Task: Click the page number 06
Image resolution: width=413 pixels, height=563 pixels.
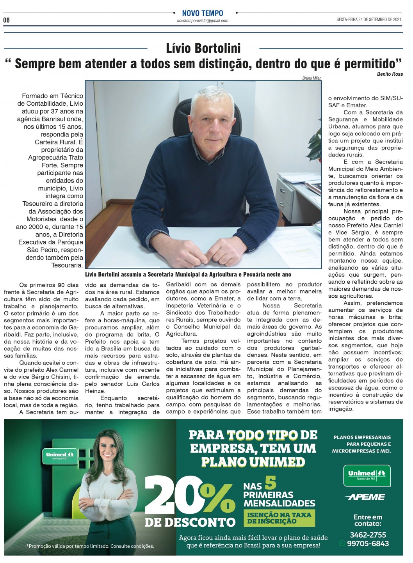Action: click(x=6, y=20)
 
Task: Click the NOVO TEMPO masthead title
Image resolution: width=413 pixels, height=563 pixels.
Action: click(x=203, y=13)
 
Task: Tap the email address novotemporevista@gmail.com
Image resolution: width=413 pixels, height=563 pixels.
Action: click(x=203, y=21)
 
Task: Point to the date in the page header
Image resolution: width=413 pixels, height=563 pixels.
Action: click(x=369, y=20)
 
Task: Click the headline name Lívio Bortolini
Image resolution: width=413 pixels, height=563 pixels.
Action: click(x=203, y=48)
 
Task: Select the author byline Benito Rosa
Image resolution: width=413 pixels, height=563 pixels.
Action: click(x=390, y=74)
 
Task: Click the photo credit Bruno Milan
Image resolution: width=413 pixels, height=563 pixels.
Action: click(x=312, y=78)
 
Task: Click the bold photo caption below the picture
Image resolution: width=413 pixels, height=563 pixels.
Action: click(x=188, y=275)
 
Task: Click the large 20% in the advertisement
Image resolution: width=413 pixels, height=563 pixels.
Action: click(x=190, y=495)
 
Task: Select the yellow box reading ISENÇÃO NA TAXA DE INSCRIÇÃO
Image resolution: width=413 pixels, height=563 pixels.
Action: click(x=279, y=518)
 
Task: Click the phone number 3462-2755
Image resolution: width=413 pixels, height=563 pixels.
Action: click(x=368, y=535)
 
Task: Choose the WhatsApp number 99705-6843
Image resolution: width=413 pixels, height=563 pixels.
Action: click(x=368, y=543)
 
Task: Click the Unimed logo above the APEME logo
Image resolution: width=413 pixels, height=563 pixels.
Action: click(x=367, y=475)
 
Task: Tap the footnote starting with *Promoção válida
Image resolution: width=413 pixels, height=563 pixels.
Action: click(x=90, y=546)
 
